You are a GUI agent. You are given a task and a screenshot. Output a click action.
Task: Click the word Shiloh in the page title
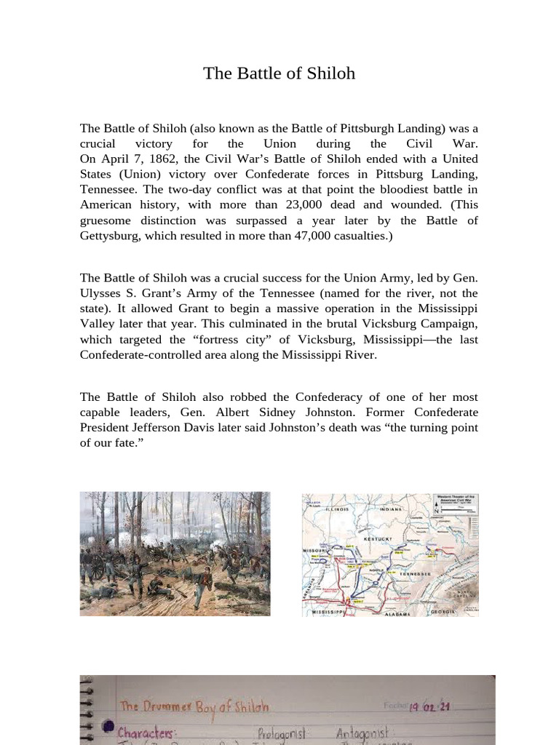point(331,73)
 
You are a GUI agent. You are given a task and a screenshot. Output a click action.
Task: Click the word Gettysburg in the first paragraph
point(109,236)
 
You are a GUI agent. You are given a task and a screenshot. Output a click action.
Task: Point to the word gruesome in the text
point(106,220)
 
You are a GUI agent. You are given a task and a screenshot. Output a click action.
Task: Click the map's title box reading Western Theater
point(457,500)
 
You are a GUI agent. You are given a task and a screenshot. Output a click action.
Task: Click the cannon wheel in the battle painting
point(97,571)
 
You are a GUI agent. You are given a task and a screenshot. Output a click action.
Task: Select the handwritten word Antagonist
point(363,730)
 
